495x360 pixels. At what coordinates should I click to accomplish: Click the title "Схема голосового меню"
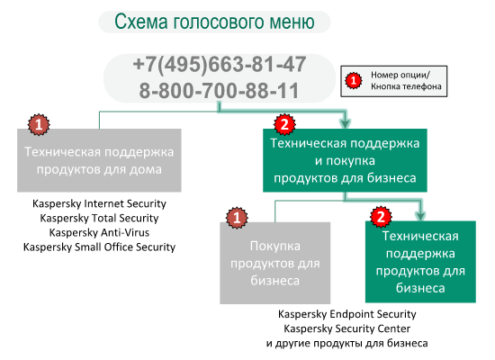coord(214,22)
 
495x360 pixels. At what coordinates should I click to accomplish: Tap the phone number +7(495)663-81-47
coord(220,64)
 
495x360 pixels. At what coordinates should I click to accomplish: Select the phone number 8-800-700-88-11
coord(219,91)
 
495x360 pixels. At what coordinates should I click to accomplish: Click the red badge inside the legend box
coord(354,80)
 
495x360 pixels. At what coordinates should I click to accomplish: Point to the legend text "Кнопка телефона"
coord(406,86)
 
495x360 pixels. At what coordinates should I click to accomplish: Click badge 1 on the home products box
coord(39,125)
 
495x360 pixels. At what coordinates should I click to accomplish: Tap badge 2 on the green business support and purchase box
coord(284,124)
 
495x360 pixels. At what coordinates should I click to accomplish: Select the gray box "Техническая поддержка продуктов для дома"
coord(99,160)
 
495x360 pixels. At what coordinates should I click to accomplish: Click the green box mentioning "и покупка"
coord(345,160)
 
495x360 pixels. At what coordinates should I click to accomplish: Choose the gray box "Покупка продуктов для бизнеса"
coord(275,263)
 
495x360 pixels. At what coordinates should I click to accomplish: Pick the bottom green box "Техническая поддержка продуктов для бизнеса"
coord(420,262)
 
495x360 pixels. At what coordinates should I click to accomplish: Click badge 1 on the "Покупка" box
coord(237,218)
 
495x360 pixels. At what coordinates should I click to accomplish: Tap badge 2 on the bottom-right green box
coord(381,217)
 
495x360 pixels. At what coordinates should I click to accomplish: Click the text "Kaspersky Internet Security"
coord(99,203)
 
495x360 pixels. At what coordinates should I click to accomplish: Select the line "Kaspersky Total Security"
coord(99,218)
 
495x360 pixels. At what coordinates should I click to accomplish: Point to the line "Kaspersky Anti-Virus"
coord(99,232)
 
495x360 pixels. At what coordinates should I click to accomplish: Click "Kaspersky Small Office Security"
coord(99,247)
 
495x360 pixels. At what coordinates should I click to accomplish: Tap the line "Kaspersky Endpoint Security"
coord(346,314)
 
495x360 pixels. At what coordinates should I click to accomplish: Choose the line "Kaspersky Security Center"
coord(346,328)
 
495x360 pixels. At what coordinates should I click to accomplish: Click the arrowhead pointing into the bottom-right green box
coord(420,216)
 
